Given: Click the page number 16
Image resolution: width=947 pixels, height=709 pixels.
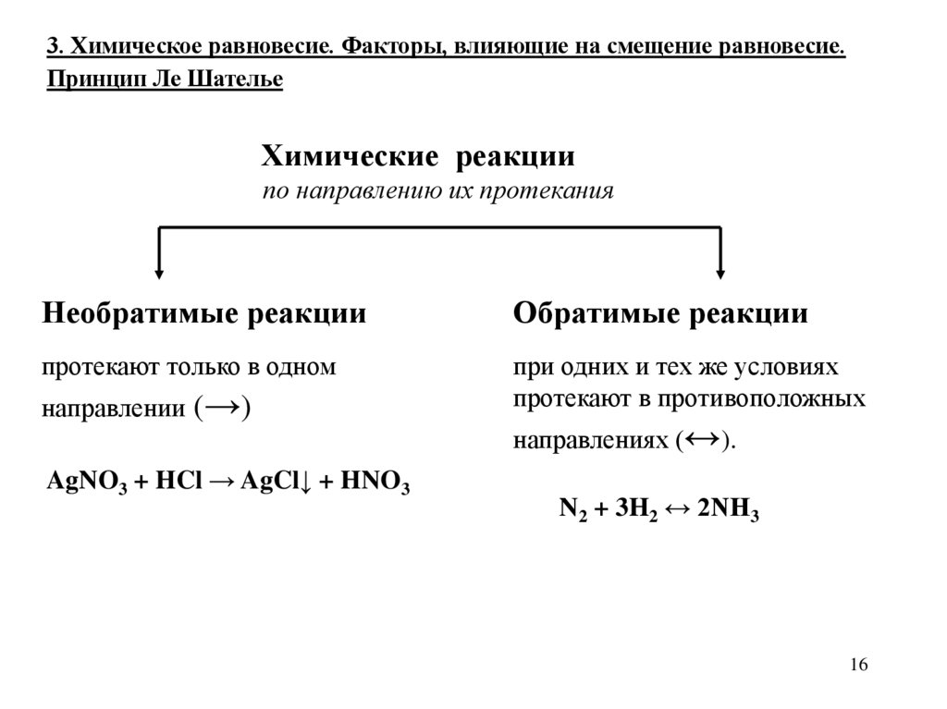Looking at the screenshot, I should (x=857, y=666).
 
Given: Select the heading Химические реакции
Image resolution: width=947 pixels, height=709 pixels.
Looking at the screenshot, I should (x=419, y=156).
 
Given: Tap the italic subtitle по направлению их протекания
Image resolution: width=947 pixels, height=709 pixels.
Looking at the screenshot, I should (x=437, y=192).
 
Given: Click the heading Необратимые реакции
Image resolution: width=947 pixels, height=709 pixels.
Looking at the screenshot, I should (x=204, y=313).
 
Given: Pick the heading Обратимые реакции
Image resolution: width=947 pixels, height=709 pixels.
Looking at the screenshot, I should (x=660, y=313).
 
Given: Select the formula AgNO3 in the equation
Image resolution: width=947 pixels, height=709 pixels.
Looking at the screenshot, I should (x=89, y=483).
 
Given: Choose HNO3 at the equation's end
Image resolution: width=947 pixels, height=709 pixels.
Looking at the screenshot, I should (x=375, y=483).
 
